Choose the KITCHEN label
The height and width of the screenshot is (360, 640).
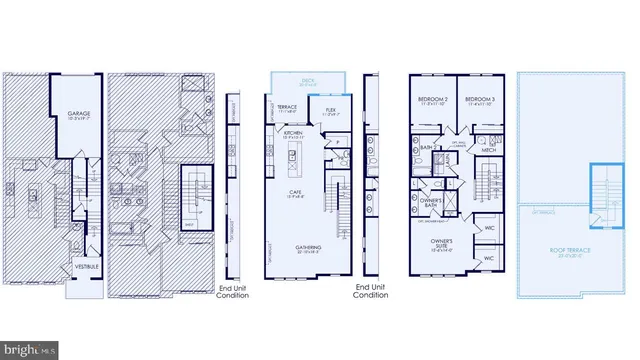tap(293, 132)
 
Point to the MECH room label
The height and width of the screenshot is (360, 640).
tap(490, 150)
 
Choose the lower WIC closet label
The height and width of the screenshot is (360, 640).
tap(489, 257)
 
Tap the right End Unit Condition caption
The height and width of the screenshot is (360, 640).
tap(371, 292)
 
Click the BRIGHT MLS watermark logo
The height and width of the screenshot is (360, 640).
tap(30, 350)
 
